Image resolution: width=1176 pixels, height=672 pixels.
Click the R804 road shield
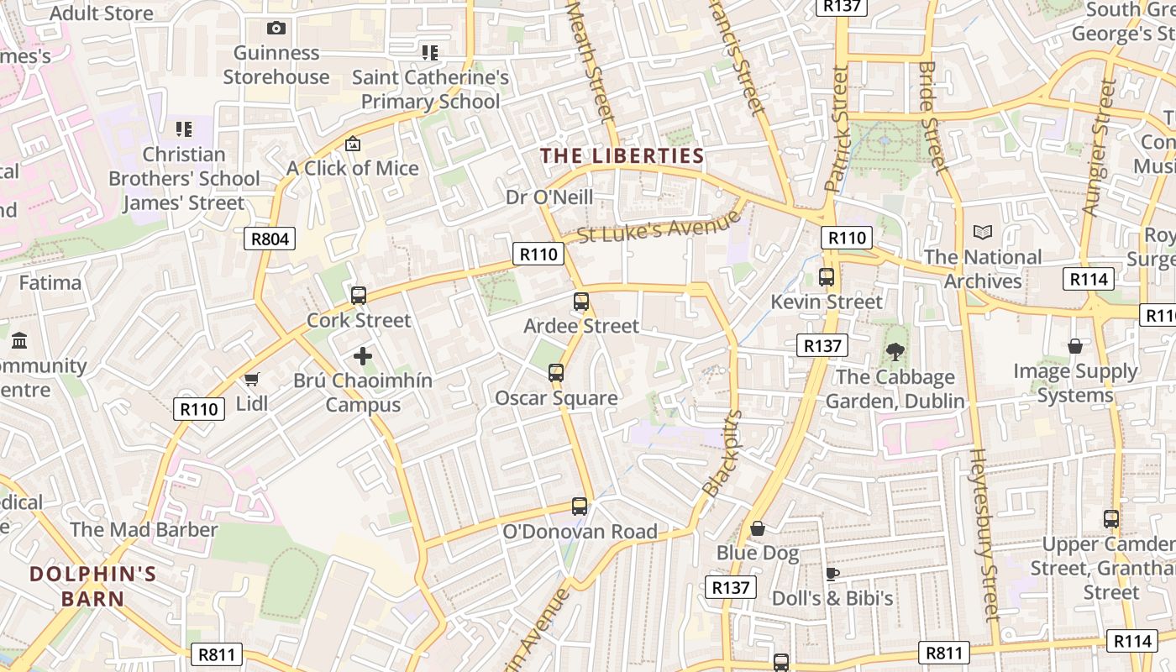tap(270, 239)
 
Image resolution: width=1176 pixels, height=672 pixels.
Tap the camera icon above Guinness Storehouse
tap(276, 29)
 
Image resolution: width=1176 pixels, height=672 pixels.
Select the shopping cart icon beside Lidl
tap(251, 379)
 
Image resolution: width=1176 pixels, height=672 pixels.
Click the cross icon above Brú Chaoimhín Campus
tap(363, 356)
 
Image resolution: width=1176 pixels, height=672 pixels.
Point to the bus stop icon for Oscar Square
tap(555, 372)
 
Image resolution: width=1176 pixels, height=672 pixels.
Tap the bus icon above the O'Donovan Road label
tap(580, 507)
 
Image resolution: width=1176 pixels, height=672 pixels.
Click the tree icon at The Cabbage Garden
tap(895, 352)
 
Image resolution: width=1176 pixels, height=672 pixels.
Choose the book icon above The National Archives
tap(982, 232)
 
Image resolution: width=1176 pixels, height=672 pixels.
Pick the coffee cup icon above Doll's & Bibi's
tap(832, 574)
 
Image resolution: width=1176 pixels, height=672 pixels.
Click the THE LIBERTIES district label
tap(622, 155)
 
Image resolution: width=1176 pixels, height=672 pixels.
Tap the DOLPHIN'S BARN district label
tap(92, 586)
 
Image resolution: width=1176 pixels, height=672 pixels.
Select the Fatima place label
tap(50, 282)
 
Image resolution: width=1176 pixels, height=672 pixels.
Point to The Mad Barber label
tap(144, 530)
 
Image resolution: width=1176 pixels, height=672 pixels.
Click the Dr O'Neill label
tap(549, 197)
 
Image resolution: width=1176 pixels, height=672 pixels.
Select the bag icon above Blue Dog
tap(758, 528)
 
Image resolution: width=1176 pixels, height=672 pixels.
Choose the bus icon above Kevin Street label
tap(827, 276)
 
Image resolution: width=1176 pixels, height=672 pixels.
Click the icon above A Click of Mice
tap(353, 144)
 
